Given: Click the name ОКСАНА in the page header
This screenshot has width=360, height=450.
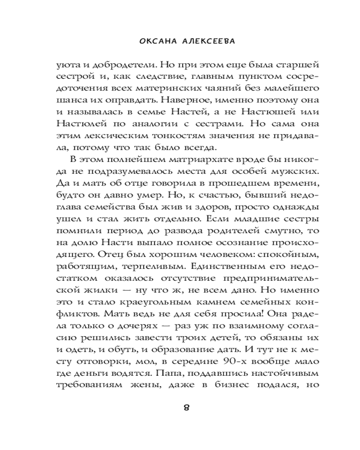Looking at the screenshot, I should click(x=156, y=40).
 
